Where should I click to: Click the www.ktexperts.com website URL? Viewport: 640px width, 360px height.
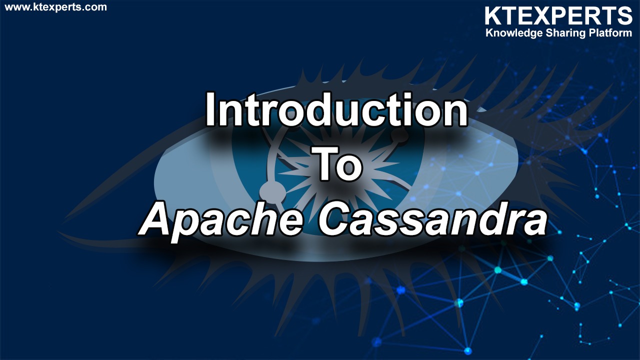point(55,7)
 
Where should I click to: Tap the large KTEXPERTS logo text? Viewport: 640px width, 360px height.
point(558,16)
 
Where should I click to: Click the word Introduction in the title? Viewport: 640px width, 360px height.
point(336,109)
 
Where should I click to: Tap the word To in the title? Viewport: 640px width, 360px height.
point(336,163)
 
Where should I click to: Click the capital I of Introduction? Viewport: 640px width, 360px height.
point(210,109)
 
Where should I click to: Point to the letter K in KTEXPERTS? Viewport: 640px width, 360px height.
point(493,16)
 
